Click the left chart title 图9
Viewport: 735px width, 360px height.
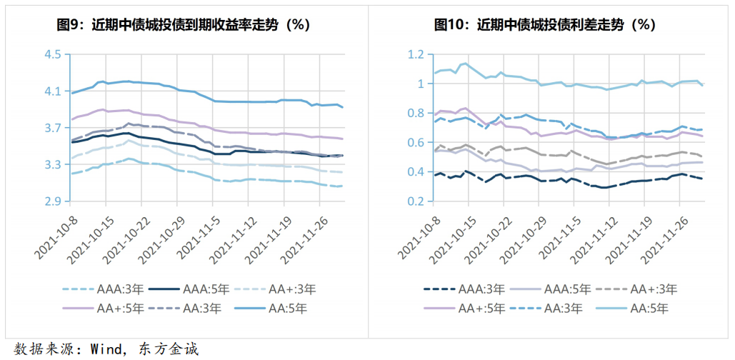(x=183, y=24)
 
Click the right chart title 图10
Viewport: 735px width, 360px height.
(x=545, y=24)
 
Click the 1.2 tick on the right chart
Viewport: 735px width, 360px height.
(x=416, y=55)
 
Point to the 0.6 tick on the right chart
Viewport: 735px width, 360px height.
(x=416, y=143)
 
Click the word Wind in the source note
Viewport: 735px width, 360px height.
(x=104, y=349)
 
